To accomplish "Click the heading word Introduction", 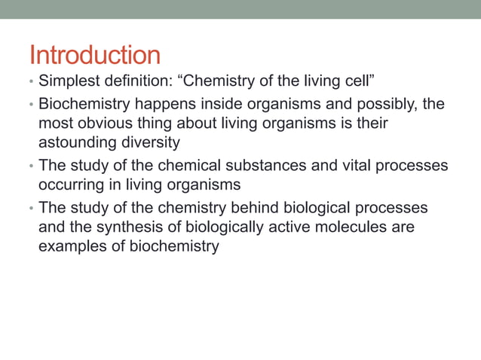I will click(x=94, y=55).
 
